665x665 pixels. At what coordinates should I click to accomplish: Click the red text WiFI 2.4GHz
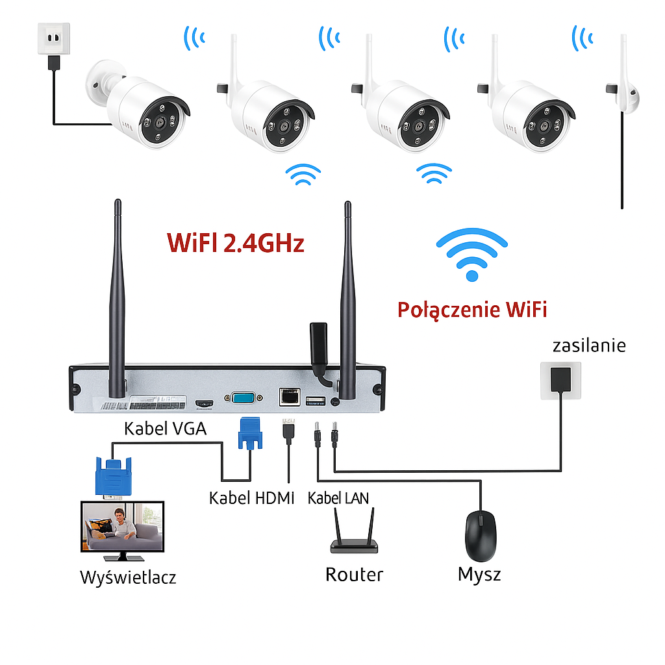235,243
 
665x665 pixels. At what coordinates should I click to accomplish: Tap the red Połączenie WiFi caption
472,310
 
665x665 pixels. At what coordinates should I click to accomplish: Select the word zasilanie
589,345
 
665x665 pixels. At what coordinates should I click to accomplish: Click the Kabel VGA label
165,429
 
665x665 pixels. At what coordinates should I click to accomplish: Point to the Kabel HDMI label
251,498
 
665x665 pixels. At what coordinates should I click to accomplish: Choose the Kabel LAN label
338,498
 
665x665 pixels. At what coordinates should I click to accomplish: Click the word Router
354,575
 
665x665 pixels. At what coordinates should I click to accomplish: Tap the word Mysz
479,575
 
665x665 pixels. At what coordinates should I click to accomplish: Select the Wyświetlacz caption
128,577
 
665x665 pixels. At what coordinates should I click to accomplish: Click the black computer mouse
481,536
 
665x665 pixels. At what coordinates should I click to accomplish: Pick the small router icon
354,531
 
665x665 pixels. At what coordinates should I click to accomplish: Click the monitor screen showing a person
122,526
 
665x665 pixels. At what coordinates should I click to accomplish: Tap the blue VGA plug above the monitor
114,476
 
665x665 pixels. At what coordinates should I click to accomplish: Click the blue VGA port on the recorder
244,398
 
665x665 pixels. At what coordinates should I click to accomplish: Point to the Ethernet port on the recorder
290,397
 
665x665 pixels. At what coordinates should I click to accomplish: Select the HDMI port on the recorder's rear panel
204,403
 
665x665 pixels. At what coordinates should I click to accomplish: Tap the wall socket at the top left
54,38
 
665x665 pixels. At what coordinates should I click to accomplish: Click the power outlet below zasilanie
560,381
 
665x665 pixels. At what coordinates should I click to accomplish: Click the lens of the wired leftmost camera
160,122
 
